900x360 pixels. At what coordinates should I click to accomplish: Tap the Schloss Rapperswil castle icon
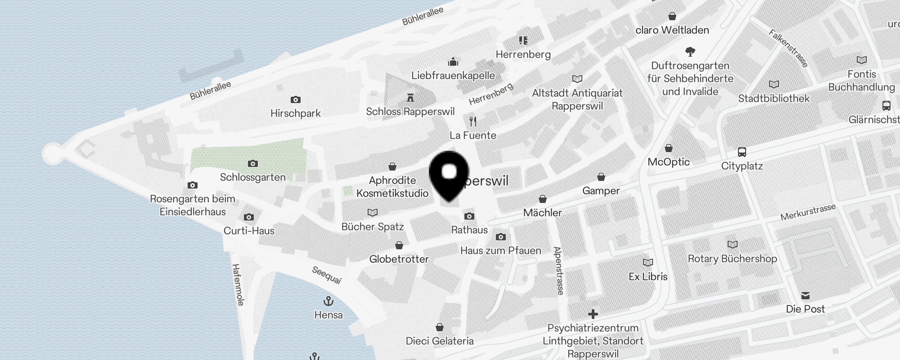pos(410,98)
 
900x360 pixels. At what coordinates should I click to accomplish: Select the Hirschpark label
pos(296,113)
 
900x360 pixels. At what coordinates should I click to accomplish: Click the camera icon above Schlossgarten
pos(253,163)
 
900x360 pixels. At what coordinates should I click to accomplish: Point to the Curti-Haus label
pos(249,231)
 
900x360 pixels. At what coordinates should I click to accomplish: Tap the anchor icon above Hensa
pos(328,301)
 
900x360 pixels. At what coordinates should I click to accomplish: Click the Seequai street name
pos(327,275)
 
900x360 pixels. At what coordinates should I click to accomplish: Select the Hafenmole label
pos(238,285)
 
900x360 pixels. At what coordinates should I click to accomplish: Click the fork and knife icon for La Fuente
pos(473,121)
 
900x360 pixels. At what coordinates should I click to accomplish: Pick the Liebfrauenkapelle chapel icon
pos(453,62)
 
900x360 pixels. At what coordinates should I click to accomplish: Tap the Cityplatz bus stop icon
pos(742,152)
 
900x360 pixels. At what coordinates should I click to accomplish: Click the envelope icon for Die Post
pos(805,296)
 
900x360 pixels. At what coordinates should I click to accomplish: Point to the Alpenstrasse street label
pos(558,270)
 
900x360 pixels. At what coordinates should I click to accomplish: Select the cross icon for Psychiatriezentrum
pos(593,314)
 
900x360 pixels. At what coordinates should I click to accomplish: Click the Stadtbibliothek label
pos(774,99)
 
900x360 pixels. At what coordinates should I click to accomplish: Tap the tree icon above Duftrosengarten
pos(690,51)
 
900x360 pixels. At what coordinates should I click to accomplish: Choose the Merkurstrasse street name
pos(808,212)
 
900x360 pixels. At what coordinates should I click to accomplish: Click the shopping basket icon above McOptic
pos(669,148)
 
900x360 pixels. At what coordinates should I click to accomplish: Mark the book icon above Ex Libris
pos(648,262)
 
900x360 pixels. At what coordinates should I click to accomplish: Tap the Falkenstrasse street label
pos(788,48)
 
